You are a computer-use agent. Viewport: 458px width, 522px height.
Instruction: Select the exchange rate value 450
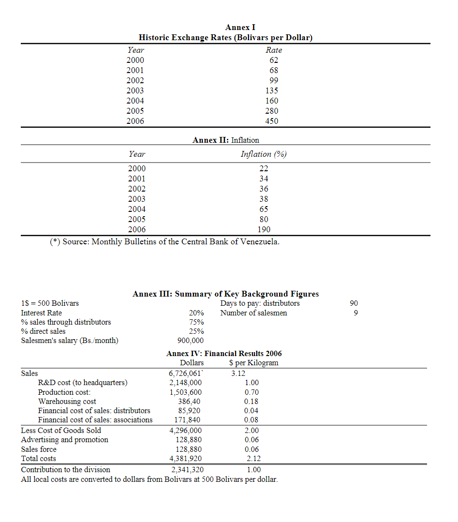click(272, 121)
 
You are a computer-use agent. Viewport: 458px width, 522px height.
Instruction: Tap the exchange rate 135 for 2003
click(272, 90)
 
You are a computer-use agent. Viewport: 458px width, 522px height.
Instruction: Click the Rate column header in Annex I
click(274, 50)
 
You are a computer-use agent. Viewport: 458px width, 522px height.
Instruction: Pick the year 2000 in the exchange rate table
click(135, 60)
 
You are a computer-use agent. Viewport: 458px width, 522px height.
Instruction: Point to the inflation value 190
click(264, 229)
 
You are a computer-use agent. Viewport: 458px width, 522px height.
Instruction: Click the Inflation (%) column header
click(264, 154)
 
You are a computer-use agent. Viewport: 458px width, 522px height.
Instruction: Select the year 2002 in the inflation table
click(136, 189)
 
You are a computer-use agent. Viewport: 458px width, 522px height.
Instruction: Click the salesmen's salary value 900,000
click(191, 341)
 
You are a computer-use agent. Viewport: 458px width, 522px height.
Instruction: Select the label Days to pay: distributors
click(260, 303)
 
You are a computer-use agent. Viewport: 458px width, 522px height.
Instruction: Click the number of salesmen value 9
click(356, 313)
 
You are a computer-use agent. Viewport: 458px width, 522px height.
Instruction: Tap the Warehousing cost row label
click(67, 401)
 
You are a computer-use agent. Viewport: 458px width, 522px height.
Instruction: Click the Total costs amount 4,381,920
click(186, 459)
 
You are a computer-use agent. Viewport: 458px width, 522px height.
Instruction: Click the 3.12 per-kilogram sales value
click(238, 373)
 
